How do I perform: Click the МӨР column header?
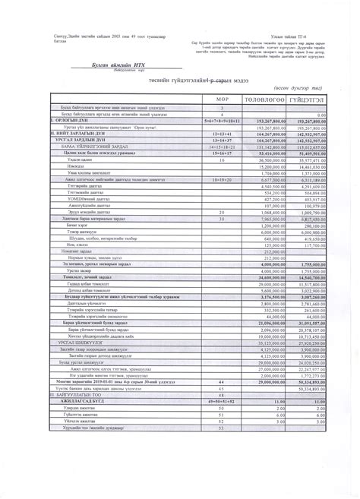click(222, 99)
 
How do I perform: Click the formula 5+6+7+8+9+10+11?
click(222, 121)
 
